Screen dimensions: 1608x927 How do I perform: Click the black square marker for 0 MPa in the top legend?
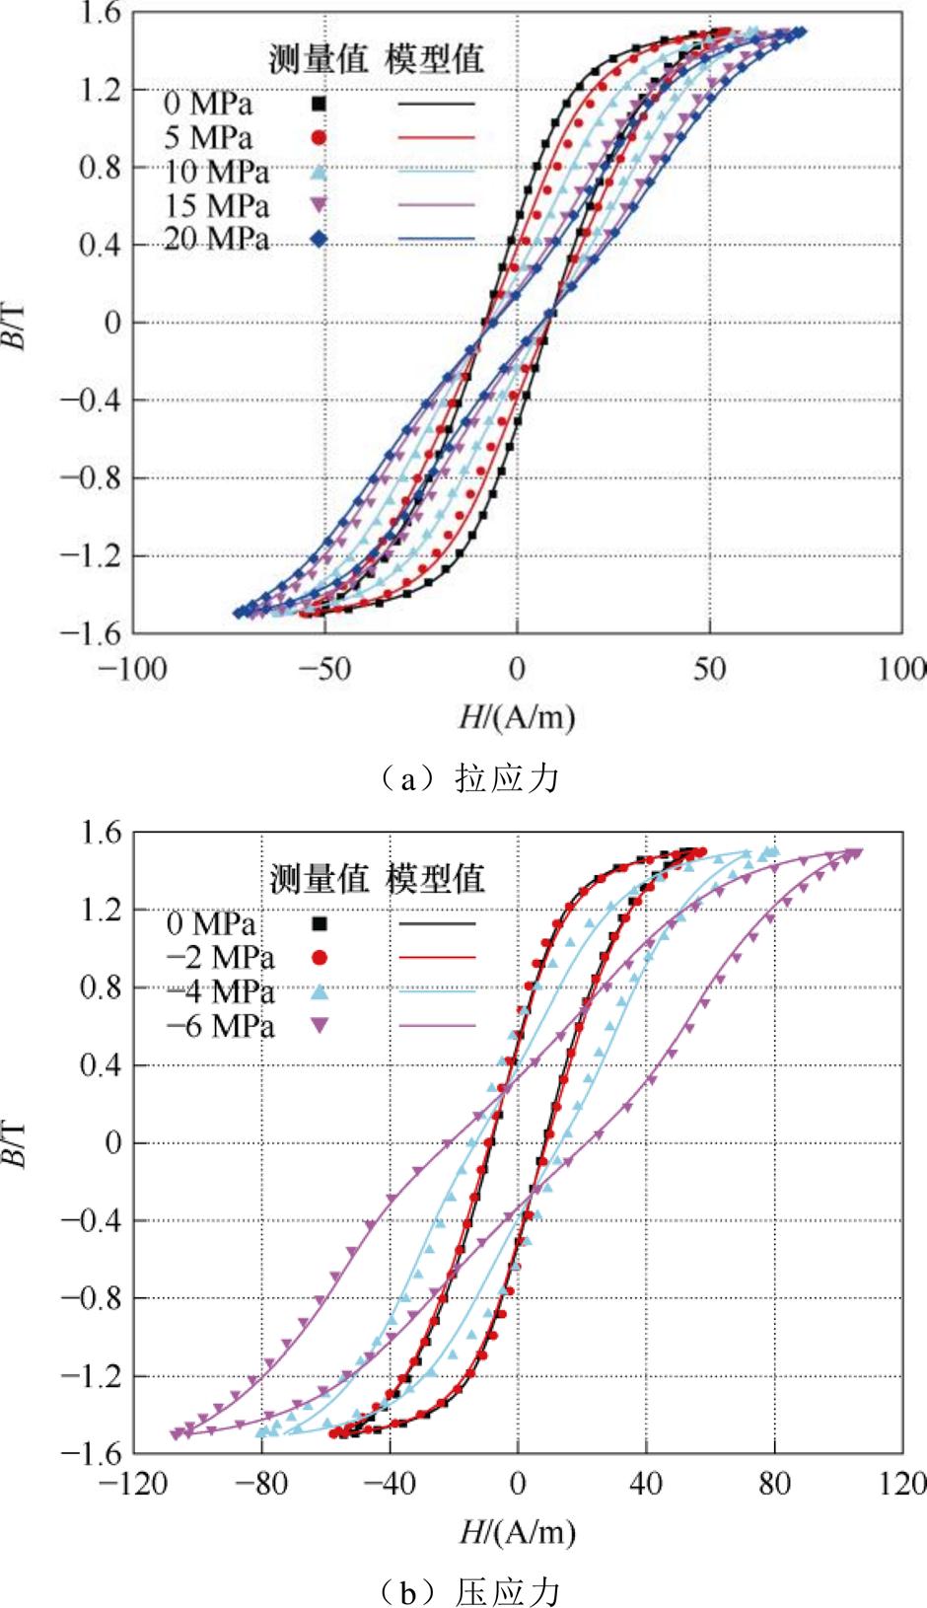click(x=319, y=104)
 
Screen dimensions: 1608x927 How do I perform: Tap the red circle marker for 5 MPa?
click(x=319, y=138)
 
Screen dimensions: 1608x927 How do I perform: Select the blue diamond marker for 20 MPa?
click(x=319, y=239)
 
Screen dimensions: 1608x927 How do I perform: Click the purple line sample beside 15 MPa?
click(x=437, y=205)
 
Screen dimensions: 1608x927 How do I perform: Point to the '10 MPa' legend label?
click(x=216, y=172)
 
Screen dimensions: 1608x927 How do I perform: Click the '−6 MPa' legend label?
click(x=220, y=1026)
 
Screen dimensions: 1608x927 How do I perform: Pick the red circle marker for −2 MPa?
click(x=319, y=957)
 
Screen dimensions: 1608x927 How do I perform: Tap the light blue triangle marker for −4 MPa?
click(x=319, y=991)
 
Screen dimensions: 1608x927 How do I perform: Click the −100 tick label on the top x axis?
click(x=132, y=670)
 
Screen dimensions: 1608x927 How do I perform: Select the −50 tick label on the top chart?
click(x=323, y=670)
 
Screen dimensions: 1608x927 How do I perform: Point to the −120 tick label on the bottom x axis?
click(x=132, y=1483)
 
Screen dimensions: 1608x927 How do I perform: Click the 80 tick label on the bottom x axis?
click(x=774, y=1483)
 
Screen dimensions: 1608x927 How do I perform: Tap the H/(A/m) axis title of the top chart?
click(x=517, y=716)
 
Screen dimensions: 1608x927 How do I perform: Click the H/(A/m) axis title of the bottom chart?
click(x=517, y=1531)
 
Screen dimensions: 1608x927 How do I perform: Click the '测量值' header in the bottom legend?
click(x=319, y=878)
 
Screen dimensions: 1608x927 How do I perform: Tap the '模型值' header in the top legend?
click(x=435, y=58)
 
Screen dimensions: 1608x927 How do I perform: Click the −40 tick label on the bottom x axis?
click(x=389, y=1483)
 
